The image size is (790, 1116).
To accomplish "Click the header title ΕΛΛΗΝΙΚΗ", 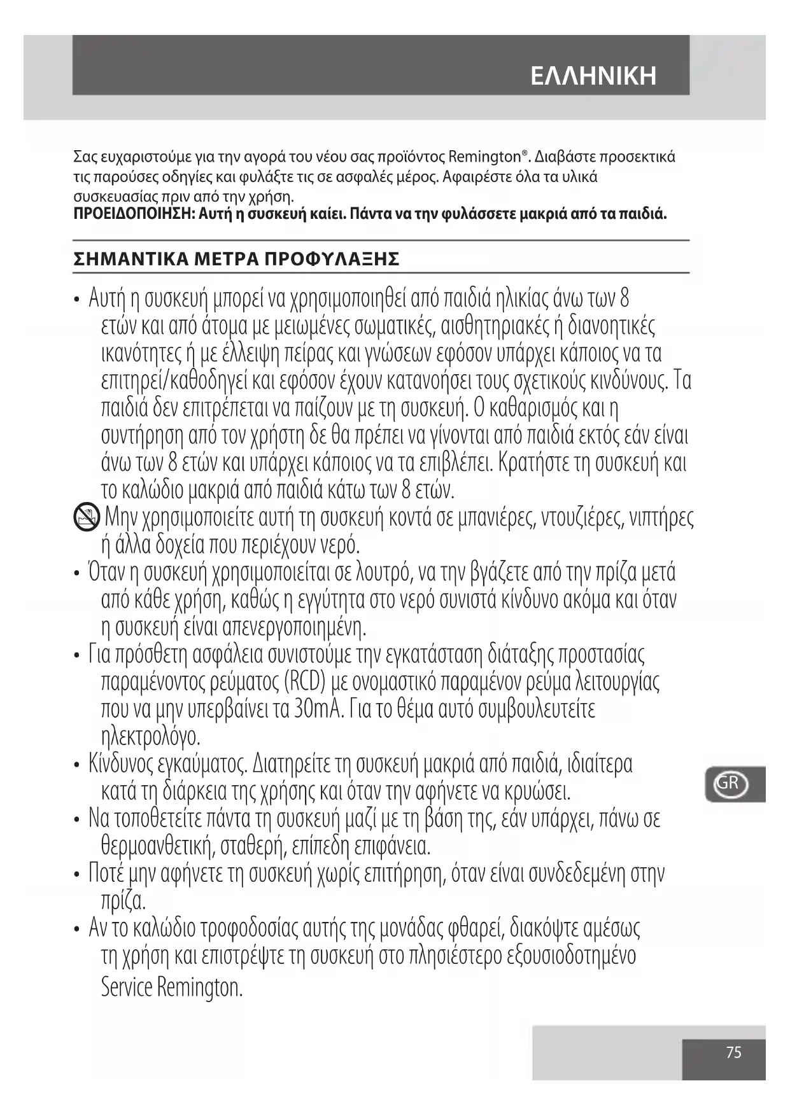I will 593,76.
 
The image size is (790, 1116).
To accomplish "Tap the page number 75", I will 733,1052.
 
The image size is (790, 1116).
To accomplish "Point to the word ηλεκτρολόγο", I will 151,737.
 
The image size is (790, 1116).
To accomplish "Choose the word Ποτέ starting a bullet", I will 106,874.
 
